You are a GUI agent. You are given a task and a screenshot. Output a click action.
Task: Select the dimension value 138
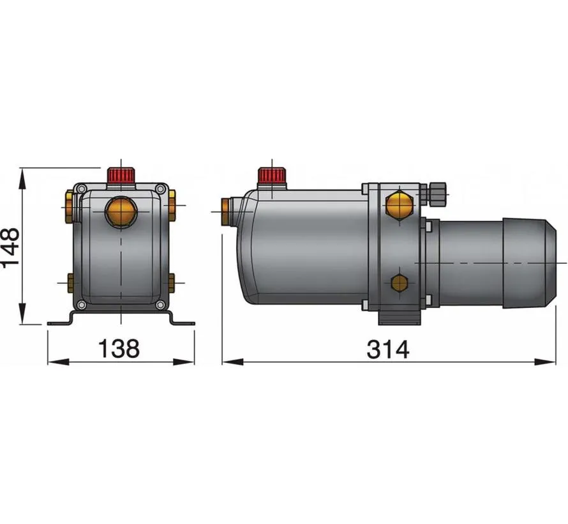point(118,349)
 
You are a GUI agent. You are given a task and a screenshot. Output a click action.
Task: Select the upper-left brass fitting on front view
point(69,208)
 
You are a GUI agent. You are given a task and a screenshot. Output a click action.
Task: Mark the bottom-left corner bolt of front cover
point(80,304)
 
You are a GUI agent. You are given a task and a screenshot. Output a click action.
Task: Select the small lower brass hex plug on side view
point(399,283)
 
